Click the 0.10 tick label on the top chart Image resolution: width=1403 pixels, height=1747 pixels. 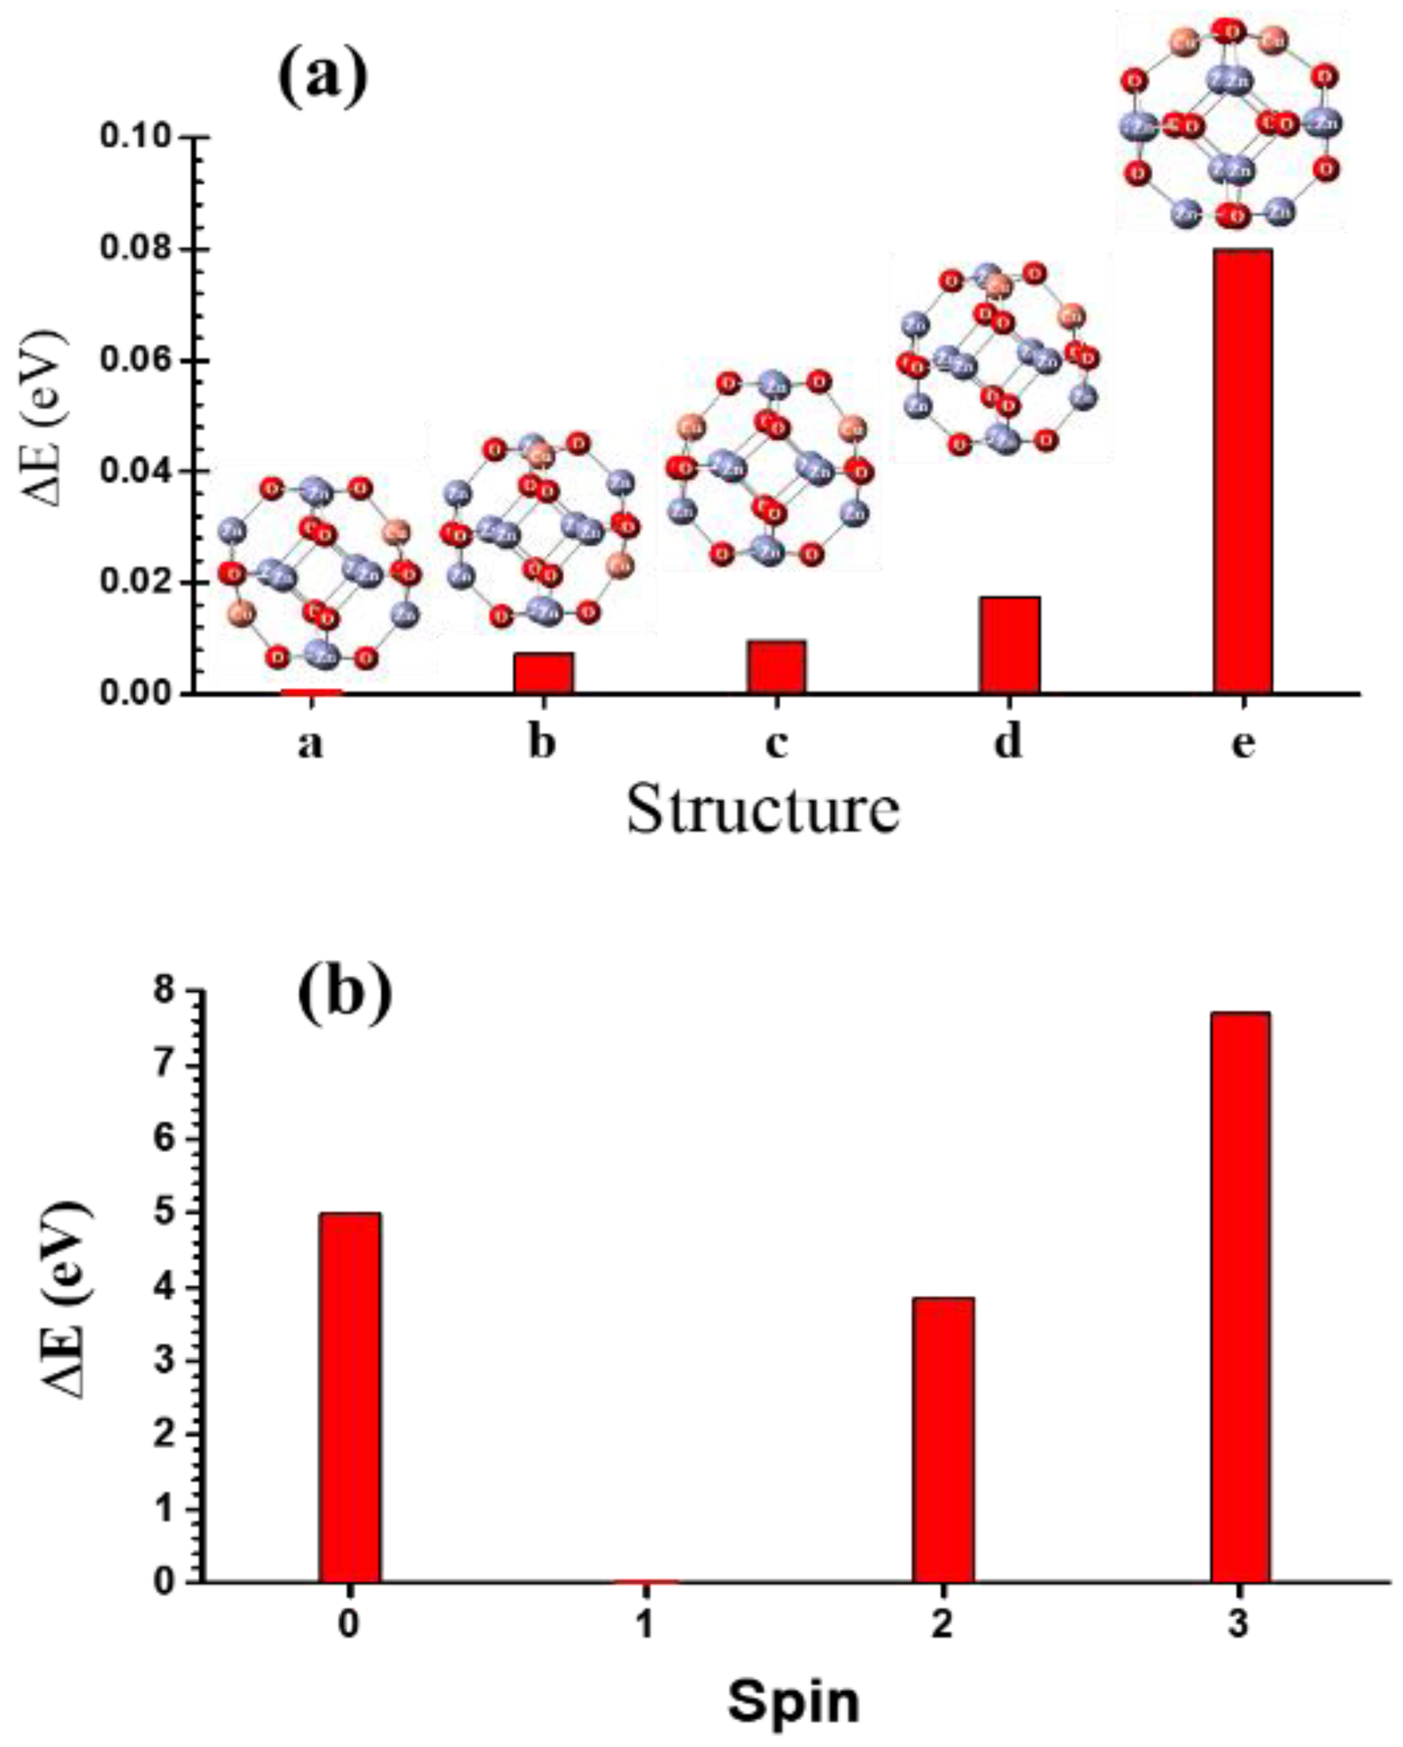pyautogui.click(x=136, y=137)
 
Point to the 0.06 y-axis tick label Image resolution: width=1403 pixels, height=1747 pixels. pyautogui.click(x=136, y=361)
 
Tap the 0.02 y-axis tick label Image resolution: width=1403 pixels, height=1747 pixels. pyautogui.click(x=136, y=583)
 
